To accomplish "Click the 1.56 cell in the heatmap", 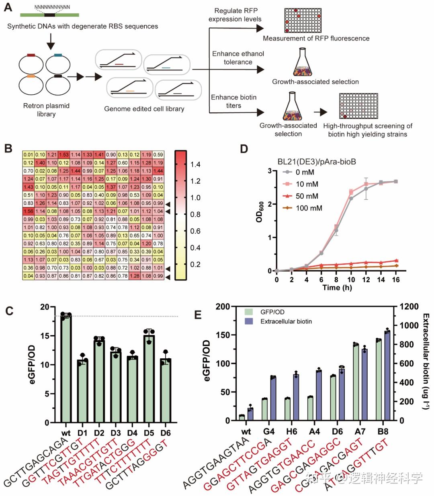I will [29, 211].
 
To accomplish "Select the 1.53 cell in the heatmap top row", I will [64, 154].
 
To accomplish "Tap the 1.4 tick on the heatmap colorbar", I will [196, 165].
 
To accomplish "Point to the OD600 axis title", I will [259, 211].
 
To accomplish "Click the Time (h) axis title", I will [337, 288].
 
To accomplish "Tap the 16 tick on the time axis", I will [396, 280].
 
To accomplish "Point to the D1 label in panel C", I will [82, 433].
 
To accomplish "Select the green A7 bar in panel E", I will [356, 382].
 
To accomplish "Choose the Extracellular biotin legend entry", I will [285, 321].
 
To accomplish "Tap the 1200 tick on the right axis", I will [408, 307].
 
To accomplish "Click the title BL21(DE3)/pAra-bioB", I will [317, 162].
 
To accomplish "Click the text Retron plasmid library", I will [46, 110].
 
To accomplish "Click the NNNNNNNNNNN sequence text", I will [52, 7].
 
